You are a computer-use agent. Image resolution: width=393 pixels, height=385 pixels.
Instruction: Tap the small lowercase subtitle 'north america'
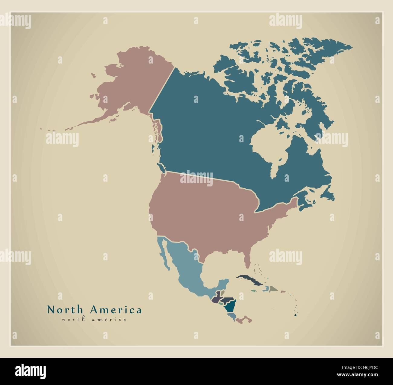[x=94, y=319]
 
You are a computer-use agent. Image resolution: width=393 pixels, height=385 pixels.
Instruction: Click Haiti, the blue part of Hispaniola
[x=266, y=289]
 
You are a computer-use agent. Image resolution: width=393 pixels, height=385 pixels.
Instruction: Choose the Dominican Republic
[x=273, y=289]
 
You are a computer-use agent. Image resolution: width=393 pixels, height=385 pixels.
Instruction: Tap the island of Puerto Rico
[x=283, y=292]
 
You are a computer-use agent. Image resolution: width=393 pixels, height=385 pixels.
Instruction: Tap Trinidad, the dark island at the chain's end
[x=295, y=315]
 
